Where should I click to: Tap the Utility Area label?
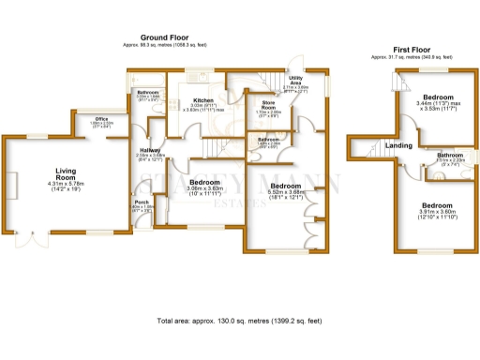[x=295, y=82]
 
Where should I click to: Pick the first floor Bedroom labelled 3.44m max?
[x=437, y=97]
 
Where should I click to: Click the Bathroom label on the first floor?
[x=450, y=155]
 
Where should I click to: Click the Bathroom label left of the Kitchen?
[x=148, y=92]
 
